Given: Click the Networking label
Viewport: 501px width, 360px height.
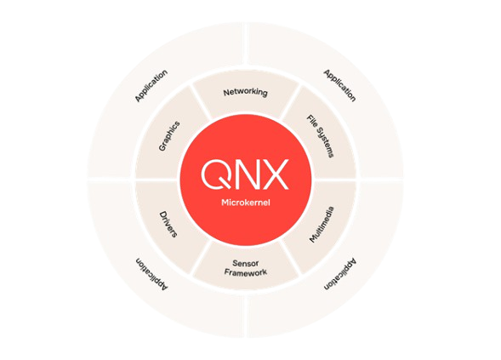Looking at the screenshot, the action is tap(245, 93).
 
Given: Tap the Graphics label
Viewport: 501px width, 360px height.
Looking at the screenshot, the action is tap(169, 136).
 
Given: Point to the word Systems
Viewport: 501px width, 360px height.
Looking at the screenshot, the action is tap(325, 143).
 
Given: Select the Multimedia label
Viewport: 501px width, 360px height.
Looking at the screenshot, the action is tap(322, 225).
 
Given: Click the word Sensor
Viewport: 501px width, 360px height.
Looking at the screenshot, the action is tap(245, 264).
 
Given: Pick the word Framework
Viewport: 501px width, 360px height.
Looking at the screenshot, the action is tap(245, 272).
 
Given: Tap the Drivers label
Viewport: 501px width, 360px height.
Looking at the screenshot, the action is tap(168, 224).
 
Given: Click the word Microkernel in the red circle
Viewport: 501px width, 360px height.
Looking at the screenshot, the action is tap(246, 203).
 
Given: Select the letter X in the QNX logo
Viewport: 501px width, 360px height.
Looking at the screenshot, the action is tap(276, 174).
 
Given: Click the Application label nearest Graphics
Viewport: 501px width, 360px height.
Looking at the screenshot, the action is tap(151, 86).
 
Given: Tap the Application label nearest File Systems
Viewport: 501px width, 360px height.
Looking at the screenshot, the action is tap(339, 85).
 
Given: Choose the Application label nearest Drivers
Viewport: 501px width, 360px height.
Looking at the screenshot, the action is tap(151, 274).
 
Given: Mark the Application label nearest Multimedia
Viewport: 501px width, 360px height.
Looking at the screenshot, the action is tap(340, 274).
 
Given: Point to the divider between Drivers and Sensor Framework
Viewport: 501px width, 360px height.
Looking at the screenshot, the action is tap(202, 258).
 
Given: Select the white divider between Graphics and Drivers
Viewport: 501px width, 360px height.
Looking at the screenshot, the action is tap(156, 180).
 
